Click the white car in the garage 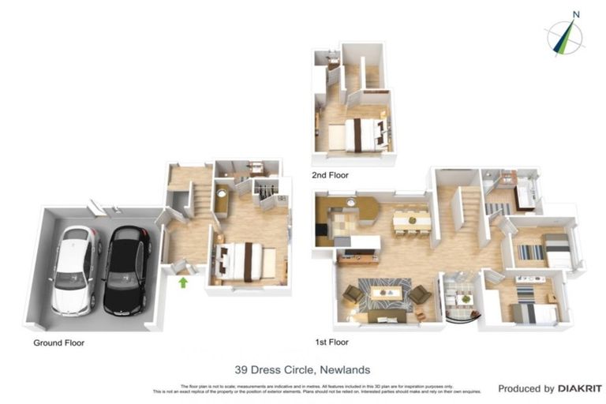tap(76, 268)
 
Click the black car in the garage tap(126, 268)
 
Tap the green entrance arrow tap(183, 282)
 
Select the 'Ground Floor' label tap(58, 343)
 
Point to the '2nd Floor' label tap(330, 175)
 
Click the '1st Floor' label tap(331, 342)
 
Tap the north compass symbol tap(567, 36)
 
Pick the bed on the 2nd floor tap(359, 134)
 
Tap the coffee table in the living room tap(386, 293)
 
